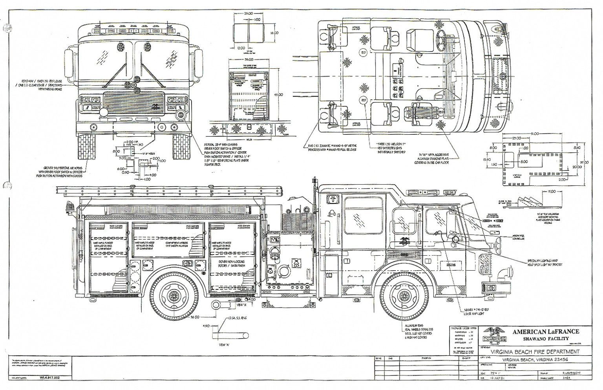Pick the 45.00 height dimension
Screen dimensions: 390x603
(x=278, y=94)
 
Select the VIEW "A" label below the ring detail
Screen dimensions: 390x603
(x=224, y=345)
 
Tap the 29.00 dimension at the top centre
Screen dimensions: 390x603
(x=248, y=13)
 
